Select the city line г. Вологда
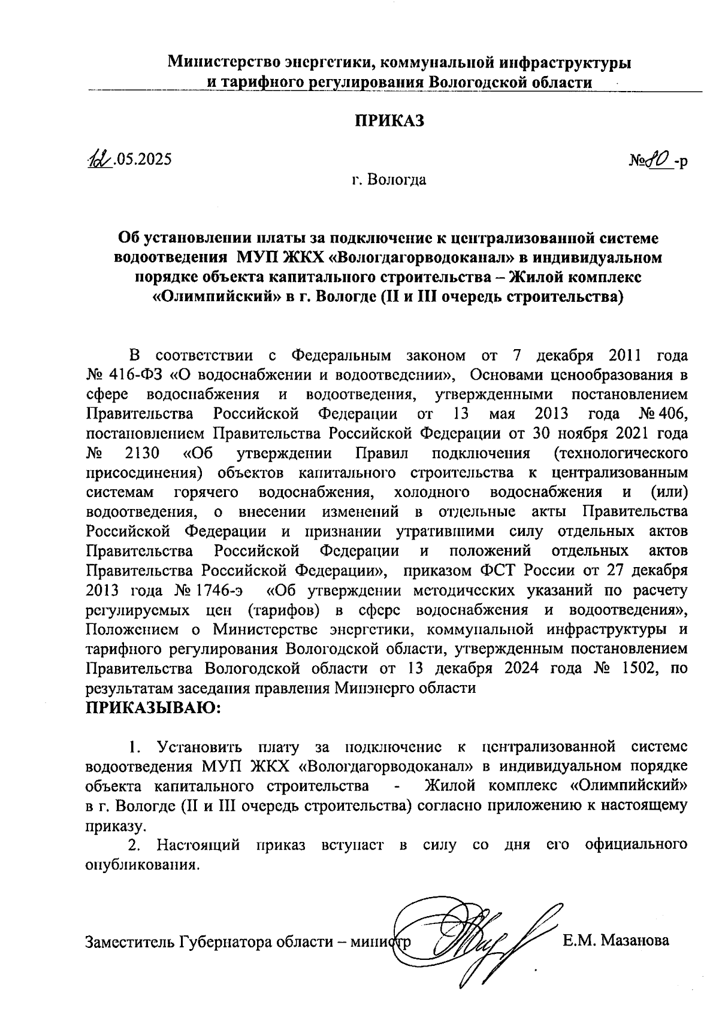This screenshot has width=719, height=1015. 389,180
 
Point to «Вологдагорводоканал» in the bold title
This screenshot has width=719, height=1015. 413,258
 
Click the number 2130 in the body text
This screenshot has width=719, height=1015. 143,453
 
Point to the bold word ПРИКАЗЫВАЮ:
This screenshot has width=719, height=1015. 154,708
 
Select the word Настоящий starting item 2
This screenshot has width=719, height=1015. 198,845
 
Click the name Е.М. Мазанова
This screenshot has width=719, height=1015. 615,941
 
